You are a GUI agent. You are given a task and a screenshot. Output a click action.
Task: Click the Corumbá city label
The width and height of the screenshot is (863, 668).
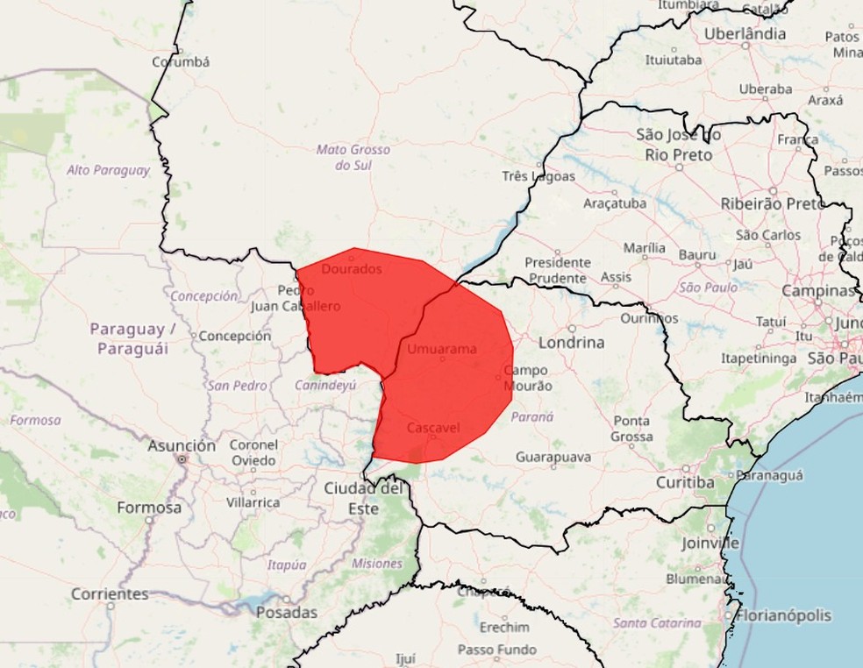[x=181, y=62]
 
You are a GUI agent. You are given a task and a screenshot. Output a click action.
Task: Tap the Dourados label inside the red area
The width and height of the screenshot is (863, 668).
[x=352, y=269]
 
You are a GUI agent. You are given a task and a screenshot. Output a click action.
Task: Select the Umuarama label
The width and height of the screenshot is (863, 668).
[x=442, y=349]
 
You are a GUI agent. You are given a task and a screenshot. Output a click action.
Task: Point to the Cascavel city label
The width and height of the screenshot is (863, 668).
[x=434, y=428]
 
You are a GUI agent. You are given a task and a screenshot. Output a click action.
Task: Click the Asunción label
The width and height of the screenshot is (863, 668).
[x=182, y=446]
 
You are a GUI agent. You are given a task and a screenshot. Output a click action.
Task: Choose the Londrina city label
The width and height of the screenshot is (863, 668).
[x=571, y=343]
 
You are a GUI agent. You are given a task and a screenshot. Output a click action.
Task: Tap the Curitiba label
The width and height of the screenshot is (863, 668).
[x=684, y=483]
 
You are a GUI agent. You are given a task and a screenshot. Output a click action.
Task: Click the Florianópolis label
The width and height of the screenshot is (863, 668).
[x=783, y=615]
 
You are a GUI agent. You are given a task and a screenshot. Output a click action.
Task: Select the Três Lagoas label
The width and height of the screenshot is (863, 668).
[x=538, y=176]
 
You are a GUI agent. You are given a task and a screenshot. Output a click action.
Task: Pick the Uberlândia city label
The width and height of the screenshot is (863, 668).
[x=745, y=34]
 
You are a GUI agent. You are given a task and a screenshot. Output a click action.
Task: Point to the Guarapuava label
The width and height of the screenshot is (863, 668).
[x=553, y=457]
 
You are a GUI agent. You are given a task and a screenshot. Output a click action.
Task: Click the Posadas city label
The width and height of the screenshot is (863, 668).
[x=286, y=613]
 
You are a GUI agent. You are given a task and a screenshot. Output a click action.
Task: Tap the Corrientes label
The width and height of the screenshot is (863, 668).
[x=110, y=593]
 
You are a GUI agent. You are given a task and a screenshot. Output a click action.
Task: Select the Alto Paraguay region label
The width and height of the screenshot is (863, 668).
[x=108, y=170]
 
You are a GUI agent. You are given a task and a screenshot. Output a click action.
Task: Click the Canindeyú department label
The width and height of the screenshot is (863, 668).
[x=325, y=385]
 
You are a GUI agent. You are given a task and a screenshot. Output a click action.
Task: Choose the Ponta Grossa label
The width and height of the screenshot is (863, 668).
[x=631, y=428]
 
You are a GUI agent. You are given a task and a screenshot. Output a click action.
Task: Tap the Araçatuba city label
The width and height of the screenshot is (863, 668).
[x=615, y=203]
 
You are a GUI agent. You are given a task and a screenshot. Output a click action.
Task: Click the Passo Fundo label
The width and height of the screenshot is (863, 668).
[x=497, y=650]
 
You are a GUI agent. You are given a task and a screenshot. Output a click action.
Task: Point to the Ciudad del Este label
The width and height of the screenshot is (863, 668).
[x=363, y=498]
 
